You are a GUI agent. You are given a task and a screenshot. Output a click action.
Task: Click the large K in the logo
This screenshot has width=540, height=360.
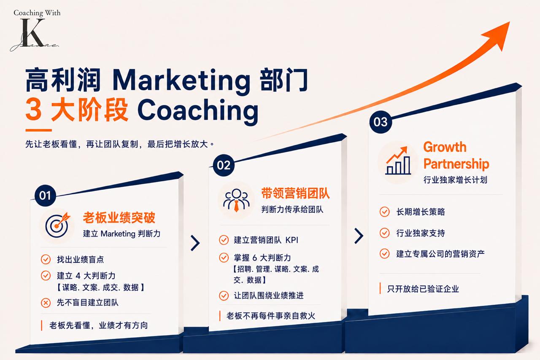[32, 32]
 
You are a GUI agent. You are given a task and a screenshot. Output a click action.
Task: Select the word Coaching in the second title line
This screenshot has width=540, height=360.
[198, 110]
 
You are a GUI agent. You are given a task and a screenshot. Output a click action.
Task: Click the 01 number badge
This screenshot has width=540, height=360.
[45, 196]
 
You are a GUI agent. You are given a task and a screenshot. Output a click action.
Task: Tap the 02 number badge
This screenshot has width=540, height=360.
[224, 165]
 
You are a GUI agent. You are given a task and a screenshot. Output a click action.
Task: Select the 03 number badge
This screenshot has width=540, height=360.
[381, 122]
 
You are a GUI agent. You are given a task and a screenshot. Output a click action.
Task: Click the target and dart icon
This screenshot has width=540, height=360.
[57, 225]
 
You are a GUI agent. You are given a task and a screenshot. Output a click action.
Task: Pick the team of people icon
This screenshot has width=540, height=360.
[237, 200]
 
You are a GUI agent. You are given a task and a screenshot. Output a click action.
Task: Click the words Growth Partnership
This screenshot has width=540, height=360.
[456, 155]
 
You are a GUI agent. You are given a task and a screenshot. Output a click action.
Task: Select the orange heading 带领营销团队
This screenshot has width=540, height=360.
[296, 193]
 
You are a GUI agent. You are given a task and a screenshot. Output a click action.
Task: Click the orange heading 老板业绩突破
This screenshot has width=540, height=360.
[119, 218]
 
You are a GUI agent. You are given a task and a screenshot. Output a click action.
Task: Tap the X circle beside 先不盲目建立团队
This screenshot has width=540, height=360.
[46, 303]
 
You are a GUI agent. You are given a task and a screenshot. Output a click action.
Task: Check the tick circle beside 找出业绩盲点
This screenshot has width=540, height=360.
[46, 260]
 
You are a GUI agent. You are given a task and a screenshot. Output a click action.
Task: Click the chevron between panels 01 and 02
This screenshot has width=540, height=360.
[195, 243]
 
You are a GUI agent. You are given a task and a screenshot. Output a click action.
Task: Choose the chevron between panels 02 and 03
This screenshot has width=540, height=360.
[359, 236]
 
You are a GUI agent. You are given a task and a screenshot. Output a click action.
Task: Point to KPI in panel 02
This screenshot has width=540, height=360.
[292, 240]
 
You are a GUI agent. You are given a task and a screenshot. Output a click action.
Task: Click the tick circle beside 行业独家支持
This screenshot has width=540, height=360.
[384, 233]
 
